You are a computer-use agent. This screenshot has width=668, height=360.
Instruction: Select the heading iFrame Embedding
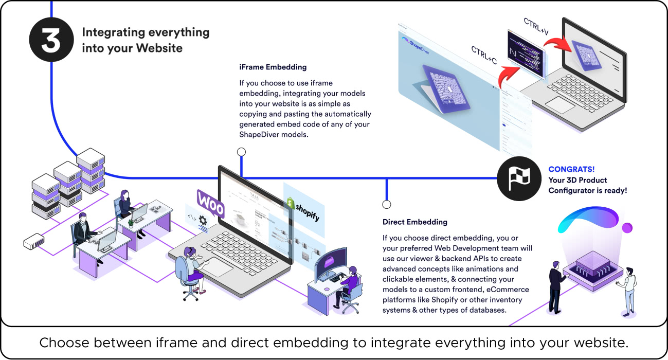pos(273,67)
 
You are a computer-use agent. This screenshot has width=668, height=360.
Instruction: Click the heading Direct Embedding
pos(414,222)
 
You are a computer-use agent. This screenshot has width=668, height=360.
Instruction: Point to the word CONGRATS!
pos(571,169)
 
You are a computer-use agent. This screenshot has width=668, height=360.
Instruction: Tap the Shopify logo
pos(304,208)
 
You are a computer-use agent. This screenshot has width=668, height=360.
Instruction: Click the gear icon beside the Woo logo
pos(202,221)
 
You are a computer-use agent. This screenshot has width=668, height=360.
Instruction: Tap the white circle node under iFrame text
pos(241,152)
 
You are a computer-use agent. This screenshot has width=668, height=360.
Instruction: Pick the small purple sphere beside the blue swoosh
pos(627,227)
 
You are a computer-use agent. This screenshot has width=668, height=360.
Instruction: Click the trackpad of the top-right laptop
pos(560,104)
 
